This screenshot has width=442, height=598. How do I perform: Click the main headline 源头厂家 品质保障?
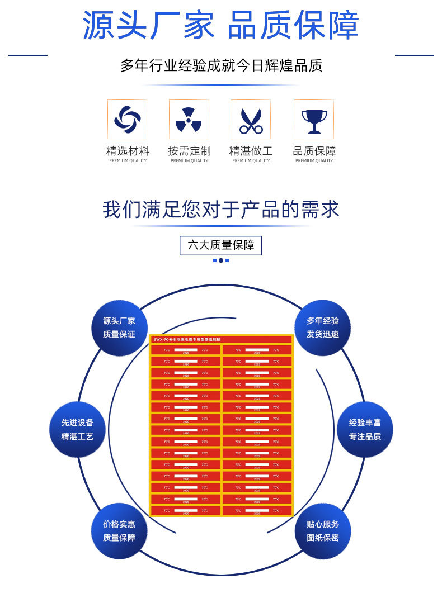221,25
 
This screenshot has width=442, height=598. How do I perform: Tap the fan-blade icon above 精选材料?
127,119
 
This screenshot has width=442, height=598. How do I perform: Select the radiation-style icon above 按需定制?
189,119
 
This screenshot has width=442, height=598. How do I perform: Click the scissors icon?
251,119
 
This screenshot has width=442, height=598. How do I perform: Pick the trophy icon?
314,119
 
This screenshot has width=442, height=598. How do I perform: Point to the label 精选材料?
128,151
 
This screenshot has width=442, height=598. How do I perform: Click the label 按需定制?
189,151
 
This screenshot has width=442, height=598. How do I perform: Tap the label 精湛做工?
251,151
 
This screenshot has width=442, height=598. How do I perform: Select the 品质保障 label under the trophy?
314,151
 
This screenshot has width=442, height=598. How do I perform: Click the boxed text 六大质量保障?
220,245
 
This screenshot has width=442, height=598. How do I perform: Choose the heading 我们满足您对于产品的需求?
221,210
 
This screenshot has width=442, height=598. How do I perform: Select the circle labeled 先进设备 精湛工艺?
77,430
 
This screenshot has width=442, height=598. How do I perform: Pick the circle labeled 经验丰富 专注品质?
365,430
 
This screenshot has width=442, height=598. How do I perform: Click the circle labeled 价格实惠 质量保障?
119,531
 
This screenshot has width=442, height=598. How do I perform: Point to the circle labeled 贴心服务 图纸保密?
323,531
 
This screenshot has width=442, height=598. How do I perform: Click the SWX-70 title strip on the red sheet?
221,339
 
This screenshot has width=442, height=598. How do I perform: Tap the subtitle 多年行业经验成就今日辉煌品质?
221,65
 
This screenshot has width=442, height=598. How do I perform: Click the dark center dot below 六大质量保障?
221,260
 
